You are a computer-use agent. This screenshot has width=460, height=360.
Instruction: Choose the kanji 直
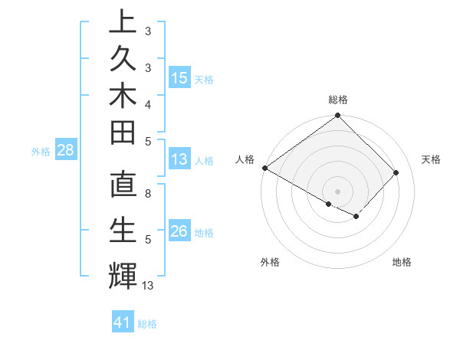click(x=123, y=186)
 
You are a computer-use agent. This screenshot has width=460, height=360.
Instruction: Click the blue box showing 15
click(x=179, y=78)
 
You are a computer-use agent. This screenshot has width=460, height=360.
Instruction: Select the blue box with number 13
click(x=179, y=160)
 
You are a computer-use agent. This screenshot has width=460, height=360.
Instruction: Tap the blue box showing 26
click(x=179, y=232)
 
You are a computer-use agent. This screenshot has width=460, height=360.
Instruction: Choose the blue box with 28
click(x=65, y=151)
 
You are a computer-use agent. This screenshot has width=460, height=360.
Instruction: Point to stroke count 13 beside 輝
click(x=148, y=286)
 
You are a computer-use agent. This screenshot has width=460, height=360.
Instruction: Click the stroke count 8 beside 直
click(x=148, y=195)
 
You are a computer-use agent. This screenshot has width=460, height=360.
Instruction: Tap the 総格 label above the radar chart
click(x=337, y=100)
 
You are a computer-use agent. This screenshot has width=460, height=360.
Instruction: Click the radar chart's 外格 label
click(x=270, y=262)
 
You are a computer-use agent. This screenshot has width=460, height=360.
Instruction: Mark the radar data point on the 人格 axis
click(x=265, y=168)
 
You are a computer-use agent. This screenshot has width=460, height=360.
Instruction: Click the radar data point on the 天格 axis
click(x=396, y=172)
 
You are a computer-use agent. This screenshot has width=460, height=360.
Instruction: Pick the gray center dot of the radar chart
click(x=337, y=191)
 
